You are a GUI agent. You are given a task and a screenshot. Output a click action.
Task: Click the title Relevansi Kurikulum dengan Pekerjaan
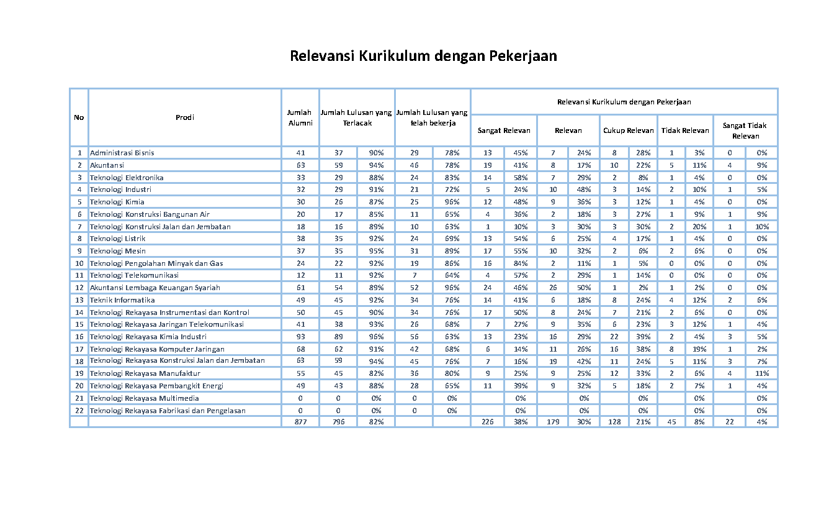(x=423, y=56)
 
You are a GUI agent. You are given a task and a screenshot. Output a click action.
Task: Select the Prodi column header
(x=184, y=117)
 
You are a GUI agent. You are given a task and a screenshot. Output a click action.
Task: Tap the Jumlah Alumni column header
(x=300, y=117)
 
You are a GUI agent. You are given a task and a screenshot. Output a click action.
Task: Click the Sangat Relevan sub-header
(x=503, y=130)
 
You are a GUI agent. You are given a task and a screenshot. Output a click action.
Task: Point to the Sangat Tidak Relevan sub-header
(x=745, y=130)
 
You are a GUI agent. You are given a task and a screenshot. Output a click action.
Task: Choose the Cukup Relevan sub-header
(x=628, y=130)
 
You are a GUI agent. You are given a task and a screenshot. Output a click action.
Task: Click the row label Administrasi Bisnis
(x=122, y=153)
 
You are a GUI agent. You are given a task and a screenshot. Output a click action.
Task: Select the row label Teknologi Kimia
(x=117, y=202)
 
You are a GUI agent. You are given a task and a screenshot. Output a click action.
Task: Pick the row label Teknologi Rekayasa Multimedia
(x=144, y=398)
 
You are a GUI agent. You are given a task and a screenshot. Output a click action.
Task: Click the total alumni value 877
(x=300, y=422)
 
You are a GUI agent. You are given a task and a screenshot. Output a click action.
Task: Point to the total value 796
(x=338, y=422)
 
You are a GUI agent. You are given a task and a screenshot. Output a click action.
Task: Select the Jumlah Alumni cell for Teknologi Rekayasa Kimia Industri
(x=300, y=337)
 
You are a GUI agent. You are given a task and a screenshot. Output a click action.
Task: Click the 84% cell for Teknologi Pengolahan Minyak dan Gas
(x=520, y=263)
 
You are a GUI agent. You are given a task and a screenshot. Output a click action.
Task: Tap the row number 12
(x=79, y=288)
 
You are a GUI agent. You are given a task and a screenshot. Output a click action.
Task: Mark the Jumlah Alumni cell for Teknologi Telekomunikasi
(x=300, y=275)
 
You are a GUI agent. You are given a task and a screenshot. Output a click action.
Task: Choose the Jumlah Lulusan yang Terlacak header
(x=356, y=117)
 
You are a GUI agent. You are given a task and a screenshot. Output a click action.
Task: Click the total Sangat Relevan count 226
(x=487, y=422)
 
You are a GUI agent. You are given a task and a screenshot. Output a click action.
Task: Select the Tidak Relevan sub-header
(x=685, y=130)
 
